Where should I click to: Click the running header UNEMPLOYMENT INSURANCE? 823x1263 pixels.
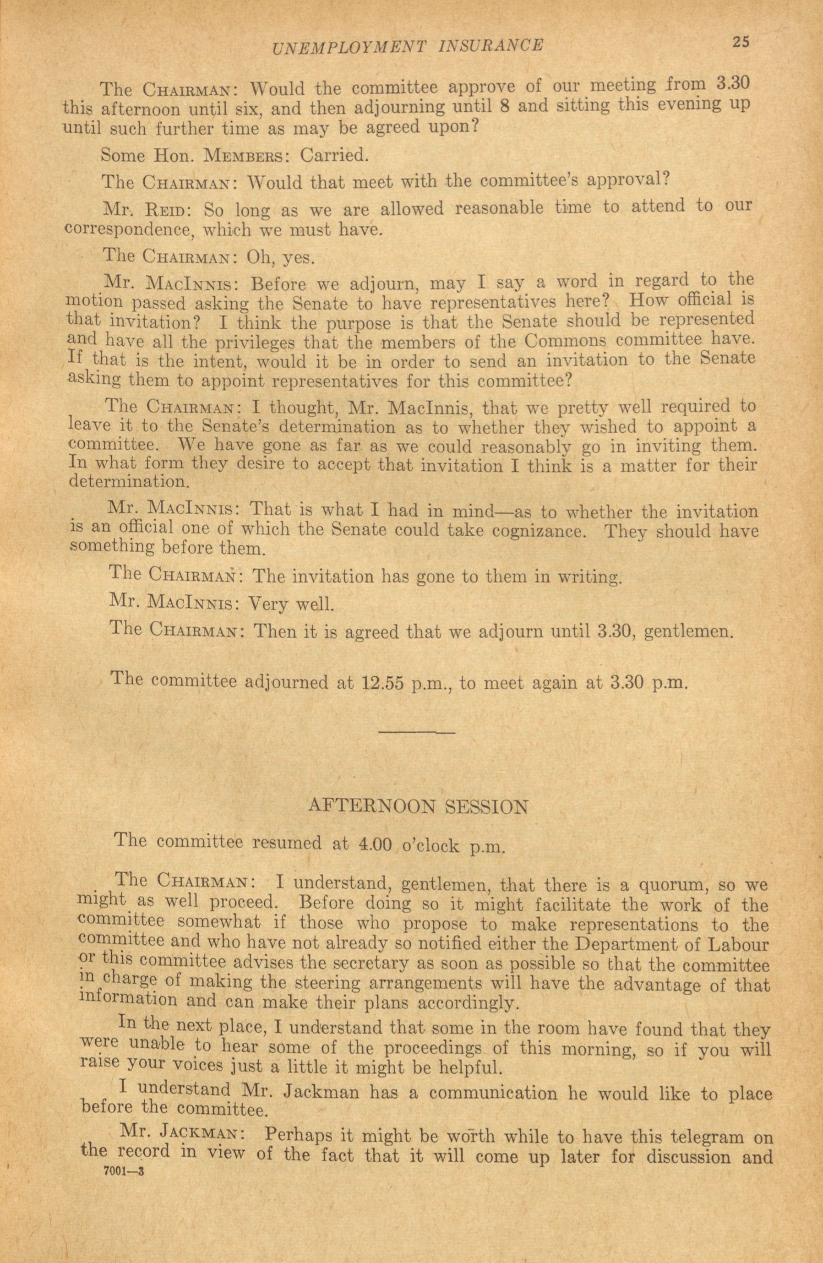[407, 47]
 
